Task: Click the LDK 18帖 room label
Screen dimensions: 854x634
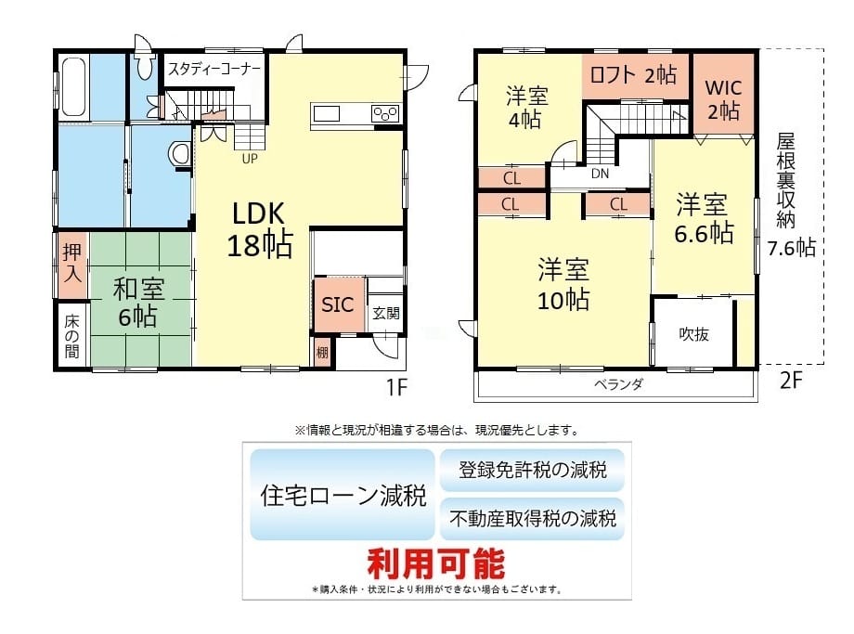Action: pyautogui.click(x=260, y=229)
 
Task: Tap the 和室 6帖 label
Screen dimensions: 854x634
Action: pyautogui.click(x=138, y=303)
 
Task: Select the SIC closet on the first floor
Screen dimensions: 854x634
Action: pyautogui.click(x=339, y=304)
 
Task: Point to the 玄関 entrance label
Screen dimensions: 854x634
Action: pyautogui.click(x=386, y=313)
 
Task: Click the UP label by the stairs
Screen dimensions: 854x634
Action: pyautogui.click(x=250, y=159)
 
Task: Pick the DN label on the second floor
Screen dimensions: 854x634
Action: pyautogui.click(x=600, y=174)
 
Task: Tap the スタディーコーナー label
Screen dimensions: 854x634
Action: pyautogui.click(x=214, y=70)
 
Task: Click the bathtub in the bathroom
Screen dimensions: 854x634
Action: pyautogui.click(x=72, y=86)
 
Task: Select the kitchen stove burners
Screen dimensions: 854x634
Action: pyautogui.click(x=385, y=114)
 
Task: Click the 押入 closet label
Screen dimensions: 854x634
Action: pyautogui.click(x=71, y=263)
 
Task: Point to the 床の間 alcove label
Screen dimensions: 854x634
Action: pyautogui.click(x=71, y=336)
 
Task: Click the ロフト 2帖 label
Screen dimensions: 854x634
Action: pyautogui.click(x=633, y=74)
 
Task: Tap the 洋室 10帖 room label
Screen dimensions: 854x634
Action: pyautogui.click(x=563, y=284)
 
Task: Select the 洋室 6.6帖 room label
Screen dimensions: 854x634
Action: pyautogui.click(x=704, y=218)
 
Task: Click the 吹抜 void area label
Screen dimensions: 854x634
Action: pyautogui.click(x=694, y=334)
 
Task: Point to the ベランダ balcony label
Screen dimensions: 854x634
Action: pyautogui.click(x=618, y=384)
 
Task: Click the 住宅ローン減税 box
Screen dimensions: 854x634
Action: pyautogui.click(x=343, y=495)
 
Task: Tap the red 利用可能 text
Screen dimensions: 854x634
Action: pyautogui.click(x=436, y=563)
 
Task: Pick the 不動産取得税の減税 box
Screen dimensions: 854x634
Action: pyautogui.click(x=532, y=518)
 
